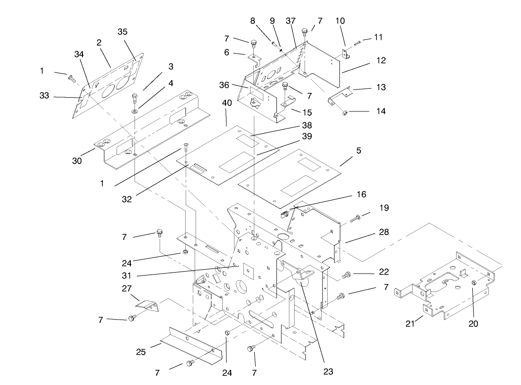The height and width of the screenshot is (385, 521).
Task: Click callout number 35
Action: pyautogui.click(x=123, y=32)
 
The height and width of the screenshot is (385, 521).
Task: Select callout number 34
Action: pyautogui.click(x=79, y=54)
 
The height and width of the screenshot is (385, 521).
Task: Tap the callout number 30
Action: pyautogui.click(x=77, y=161)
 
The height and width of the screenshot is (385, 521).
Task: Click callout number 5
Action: pyautogui.click(x=359, y=151)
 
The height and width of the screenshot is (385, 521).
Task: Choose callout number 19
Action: pyautogui.click(x=384, y=207)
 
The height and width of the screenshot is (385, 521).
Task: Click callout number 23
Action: pyautogui.click(x=328, y=371)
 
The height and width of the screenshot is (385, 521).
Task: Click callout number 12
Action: pyautogui.click(x=381, y=61)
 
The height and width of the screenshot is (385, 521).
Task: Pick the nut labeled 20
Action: pyautogui.click(x=475, y=283)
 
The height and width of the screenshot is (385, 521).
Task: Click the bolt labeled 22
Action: pyautogui.click(x=347, y=275)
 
